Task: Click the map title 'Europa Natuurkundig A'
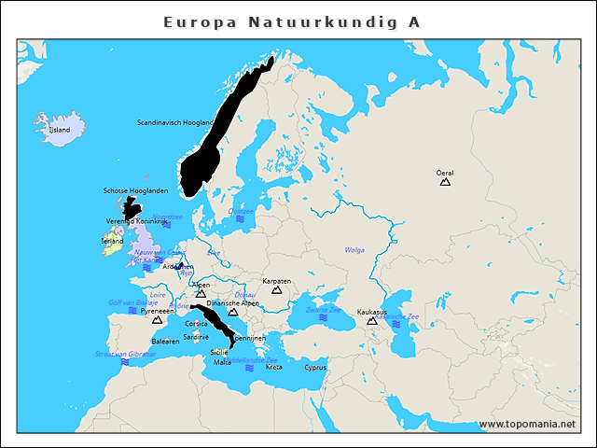[291, 21]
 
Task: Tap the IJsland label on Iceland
[59, 130]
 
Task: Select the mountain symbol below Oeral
[445, 182]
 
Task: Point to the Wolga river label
[354, 250]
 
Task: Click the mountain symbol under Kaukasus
[371, 321]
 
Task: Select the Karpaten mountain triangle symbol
[276, 290]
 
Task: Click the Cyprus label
[315, 368]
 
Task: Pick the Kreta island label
[273, 368]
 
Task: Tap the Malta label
[223, 362]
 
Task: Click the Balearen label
[165, 342]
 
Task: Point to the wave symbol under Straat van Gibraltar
[125, 362]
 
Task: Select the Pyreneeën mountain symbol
[157, 320]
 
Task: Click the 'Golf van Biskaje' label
[133, 302]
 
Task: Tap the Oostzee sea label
[241, 211]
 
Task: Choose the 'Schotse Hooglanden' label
[136, 190]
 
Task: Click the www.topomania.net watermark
[527, 424]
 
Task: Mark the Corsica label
[196, 323]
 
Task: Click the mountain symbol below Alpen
[201, 294]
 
